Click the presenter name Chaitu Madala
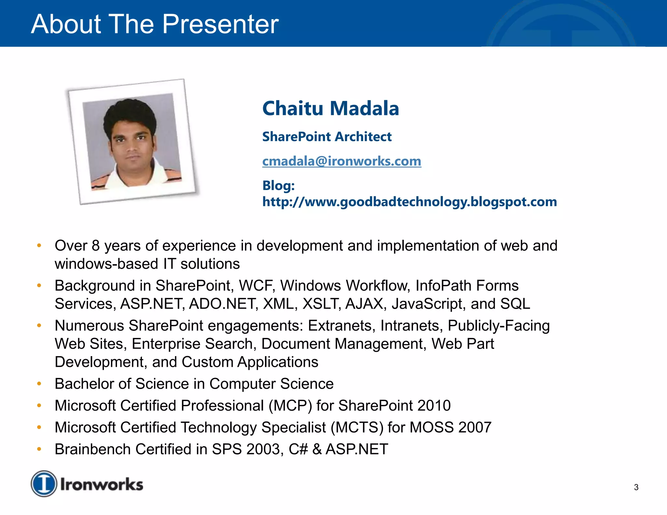coord(330,108)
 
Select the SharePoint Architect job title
coord(327,137)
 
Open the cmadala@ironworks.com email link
coord(342,161)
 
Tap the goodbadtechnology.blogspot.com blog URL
coord(409,202)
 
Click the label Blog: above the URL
coord(278,186)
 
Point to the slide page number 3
coord(636,487)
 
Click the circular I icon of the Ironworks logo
coord(44,484)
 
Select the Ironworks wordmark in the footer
coord(102,484)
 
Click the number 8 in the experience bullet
coord(95,246)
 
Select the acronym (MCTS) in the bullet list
coord(357,427)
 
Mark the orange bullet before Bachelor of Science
coord(39,384)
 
